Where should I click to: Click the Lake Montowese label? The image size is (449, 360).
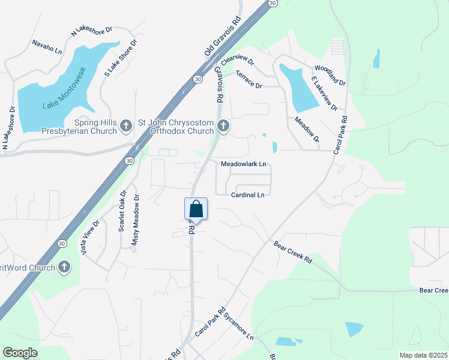point(64,89)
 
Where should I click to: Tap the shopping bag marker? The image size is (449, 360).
point(196,209)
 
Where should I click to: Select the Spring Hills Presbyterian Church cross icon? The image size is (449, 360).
point(125,125)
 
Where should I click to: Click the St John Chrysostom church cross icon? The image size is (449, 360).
point(223,125)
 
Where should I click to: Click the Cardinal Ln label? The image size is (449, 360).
point(248,195)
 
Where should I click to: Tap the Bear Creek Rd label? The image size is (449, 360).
point(293,253)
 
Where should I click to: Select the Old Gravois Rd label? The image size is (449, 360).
point(222,37)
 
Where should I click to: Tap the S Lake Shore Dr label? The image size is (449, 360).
point(121,58)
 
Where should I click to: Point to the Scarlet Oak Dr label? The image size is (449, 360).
point(122,211)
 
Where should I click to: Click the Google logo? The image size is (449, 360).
point(20,353)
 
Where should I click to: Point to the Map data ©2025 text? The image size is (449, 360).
point(423,355)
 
